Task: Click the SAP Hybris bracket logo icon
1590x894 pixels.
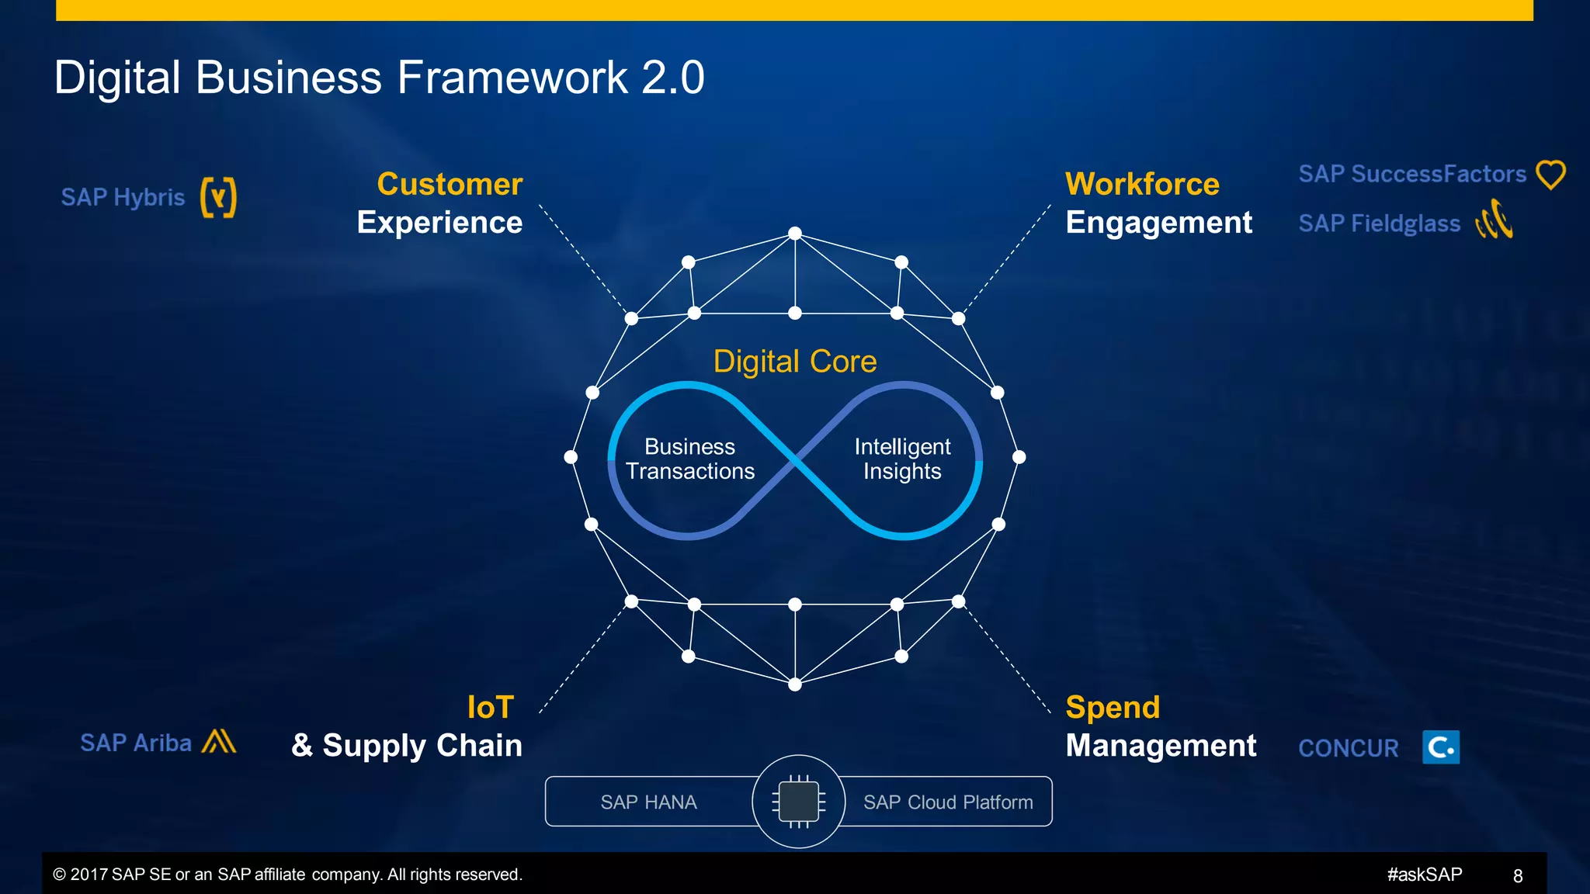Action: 218,197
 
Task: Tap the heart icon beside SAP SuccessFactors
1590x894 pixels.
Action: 1550,175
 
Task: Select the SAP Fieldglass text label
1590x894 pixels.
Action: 1379,223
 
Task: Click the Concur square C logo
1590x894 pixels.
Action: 1441,747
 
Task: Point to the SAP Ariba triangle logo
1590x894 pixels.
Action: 218,742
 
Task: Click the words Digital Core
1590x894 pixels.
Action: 794,362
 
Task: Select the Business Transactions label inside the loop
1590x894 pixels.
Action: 689,459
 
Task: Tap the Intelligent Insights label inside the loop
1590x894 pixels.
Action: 902,459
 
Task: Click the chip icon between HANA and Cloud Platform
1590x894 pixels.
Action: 798,802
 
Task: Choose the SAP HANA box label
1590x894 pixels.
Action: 648,802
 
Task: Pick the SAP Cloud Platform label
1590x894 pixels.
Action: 947,802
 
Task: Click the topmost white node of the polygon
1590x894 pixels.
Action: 794,234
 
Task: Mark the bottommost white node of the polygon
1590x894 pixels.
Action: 794,684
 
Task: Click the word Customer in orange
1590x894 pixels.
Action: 450,185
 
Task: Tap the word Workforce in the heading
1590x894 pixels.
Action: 1141,185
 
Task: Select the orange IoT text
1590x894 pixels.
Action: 490,707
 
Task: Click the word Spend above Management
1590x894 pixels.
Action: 1112,707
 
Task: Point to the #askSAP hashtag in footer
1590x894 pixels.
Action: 1424,875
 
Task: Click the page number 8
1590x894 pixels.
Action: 1517,876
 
